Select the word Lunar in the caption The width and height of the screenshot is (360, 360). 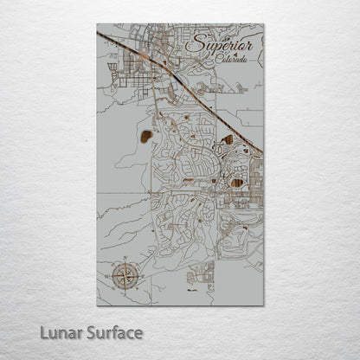tap(61, 332)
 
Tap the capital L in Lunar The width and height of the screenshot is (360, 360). tap(45, 332)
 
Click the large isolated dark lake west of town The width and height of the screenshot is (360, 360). tap(146, 136)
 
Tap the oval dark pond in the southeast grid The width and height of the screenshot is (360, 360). tap(237, 182)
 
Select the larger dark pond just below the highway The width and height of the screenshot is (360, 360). tap(227, 139)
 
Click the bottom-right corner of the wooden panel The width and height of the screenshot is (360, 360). tap(262, 305)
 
